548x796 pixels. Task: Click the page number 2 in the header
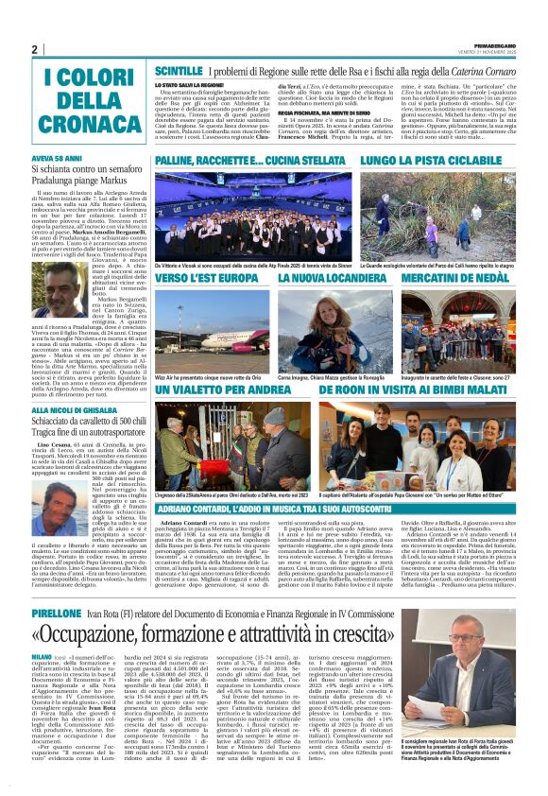point(34,50)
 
